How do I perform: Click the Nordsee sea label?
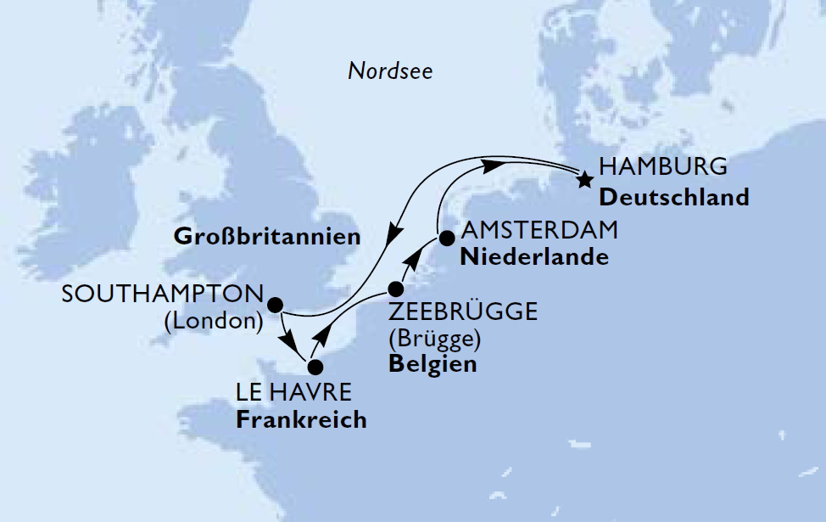click(390, 71)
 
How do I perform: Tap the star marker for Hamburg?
click(584, 180)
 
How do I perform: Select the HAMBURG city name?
click(662, 167)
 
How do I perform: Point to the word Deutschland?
click(675, 197)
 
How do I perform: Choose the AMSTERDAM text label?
click(539, 231)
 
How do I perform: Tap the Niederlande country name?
click(534, 256)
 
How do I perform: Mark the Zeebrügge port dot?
click(396, 289)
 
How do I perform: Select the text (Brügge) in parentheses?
click(434, 339)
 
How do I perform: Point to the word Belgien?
click(432, 364)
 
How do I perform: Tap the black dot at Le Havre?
click(315, 368)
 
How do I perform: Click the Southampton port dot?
click(274, 304)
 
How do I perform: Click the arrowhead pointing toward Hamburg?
click(490, 166)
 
